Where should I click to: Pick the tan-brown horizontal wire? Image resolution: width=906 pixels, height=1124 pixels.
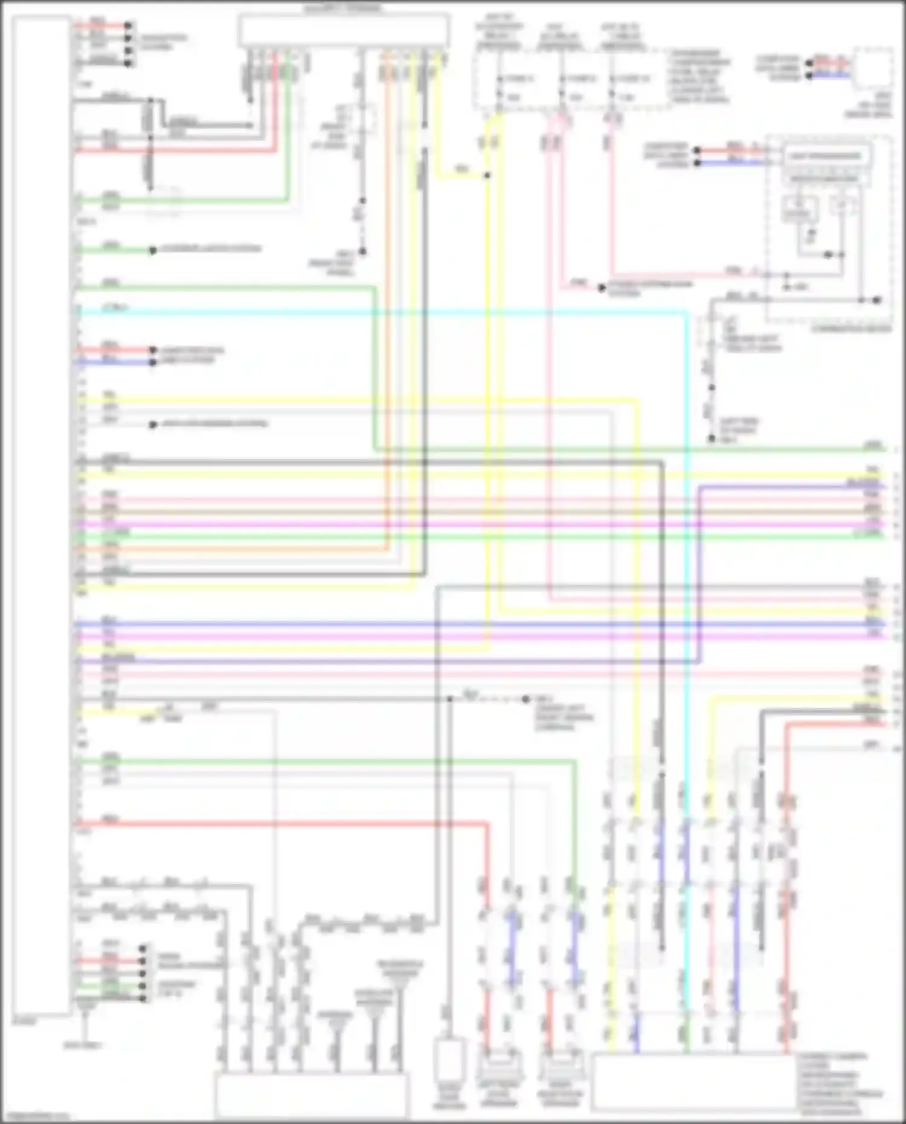483,512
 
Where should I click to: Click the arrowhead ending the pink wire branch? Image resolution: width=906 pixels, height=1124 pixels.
602,287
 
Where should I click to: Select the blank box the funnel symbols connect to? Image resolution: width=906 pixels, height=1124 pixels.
312,1096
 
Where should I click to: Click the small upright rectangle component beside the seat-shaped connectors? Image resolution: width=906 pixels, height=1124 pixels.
449,1060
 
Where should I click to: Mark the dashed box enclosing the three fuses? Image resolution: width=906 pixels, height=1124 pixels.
571,80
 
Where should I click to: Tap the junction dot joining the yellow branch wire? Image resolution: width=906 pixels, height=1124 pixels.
487,175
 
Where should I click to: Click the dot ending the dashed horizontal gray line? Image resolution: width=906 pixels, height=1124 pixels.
526,699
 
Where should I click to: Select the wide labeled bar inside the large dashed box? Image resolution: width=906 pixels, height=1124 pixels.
825,156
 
